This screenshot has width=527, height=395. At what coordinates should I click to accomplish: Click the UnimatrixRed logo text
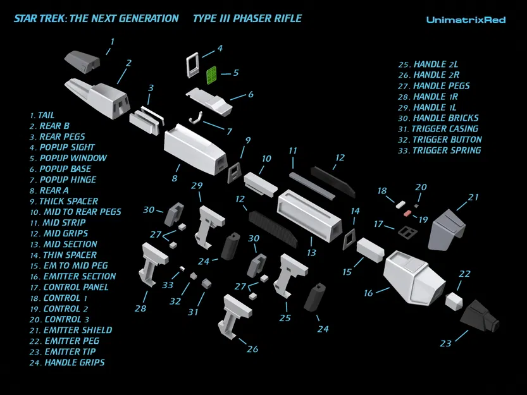click(466, 20)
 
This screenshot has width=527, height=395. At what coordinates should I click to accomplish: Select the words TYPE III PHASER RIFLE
click(247, 18)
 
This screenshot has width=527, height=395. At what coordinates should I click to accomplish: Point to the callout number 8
click(174, 178)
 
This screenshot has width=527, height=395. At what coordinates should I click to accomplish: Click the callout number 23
click(446, 343)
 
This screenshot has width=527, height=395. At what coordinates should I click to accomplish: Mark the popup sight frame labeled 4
click(193, 63)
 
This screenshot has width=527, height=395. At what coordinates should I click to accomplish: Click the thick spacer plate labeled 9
click(233, 170)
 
